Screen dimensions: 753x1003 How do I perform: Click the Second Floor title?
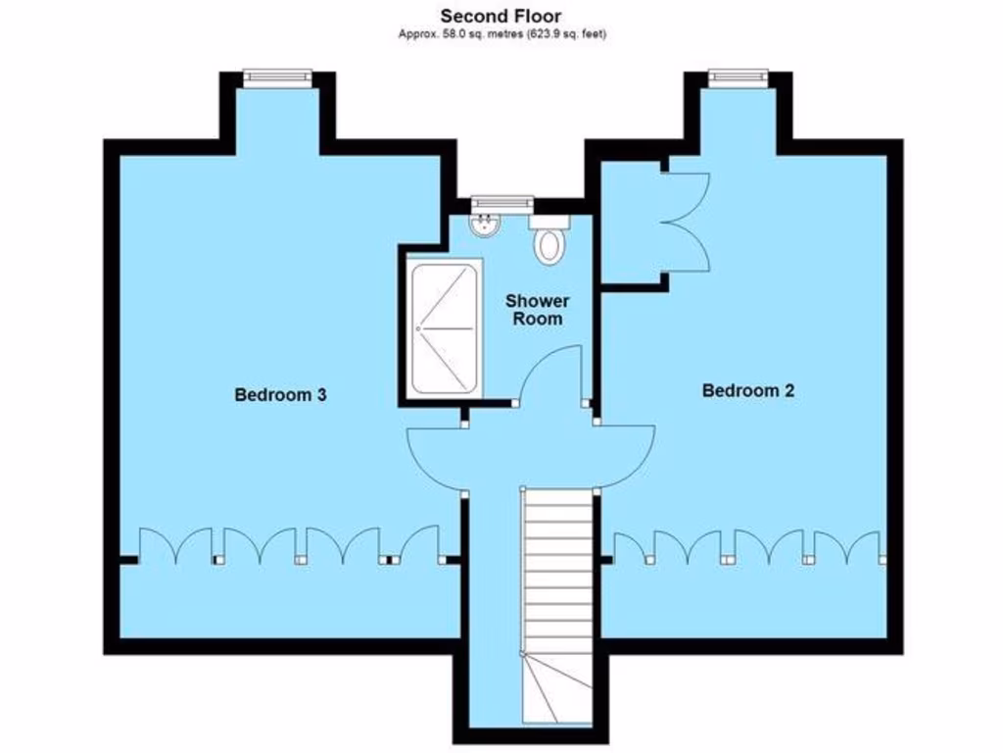pyautogui.click(x=501, y=15)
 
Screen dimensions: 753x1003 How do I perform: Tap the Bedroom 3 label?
pyautogui.click(x=280, y=395)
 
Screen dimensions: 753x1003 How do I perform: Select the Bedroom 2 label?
pyautogui.click(x=748, y=390)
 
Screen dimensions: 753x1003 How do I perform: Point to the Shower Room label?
pyautogui.click(x=538, y=309)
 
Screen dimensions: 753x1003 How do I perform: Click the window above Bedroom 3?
pyautogui.click(x=277, y=76)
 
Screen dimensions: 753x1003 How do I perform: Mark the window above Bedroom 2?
pyautogui.click(x=739, y=76)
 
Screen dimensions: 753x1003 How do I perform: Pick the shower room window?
pyautogui.click(x=501, y=202)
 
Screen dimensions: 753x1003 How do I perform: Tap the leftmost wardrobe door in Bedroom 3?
pyautogui.click(x=159, y=544)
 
